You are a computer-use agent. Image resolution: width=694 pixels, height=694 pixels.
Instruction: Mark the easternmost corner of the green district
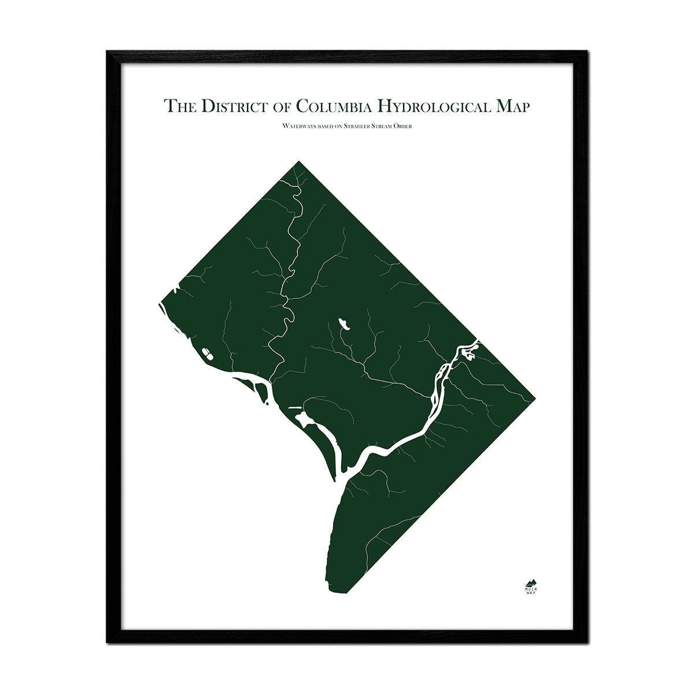click(x=534, y=398)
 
